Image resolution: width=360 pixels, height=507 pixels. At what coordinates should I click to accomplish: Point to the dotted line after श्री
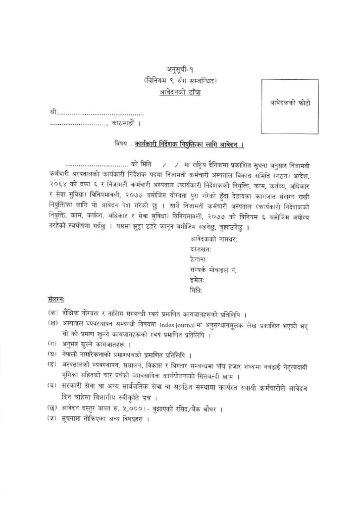pos(102,114)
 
